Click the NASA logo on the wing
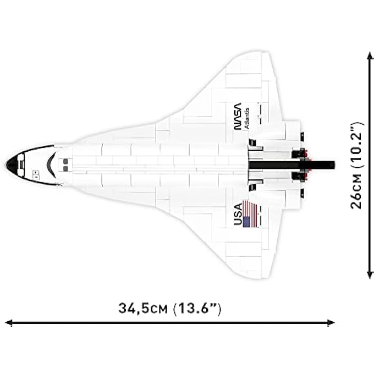coord(237,116)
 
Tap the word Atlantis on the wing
coord(246,117)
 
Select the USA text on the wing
coord(238,215)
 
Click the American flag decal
coord(250,214)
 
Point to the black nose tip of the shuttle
coord(10,163)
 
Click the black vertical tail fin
coord(291,164)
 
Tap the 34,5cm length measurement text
coord(143,308)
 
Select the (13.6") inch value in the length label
coord(197,308)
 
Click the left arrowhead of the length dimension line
coord(8,323)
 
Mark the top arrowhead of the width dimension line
coord(370,55)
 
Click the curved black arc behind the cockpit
coord(50,164)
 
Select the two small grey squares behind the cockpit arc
coord(65,164)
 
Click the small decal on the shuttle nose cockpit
coord(35,174)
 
